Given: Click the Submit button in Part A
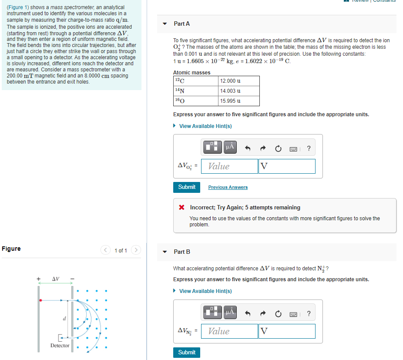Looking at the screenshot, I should pos(187,187).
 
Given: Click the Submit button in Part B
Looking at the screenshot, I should pos(187,352).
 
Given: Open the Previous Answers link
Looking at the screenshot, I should pos(228,187).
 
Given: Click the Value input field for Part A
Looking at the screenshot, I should pos(229,166).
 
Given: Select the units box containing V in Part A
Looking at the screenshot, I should pos(287,166).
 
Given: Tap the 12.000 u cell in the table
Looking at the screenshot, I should pos(239,81).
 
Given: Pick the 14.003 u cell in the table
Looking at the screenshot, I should pos(239,91).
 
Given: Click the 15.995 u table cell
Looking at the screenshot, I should pos(239,101).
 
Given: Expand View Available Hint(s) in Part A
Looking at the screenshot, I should pos(205,126).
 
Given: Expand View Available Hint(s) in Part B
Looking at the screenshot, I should pos(205,291).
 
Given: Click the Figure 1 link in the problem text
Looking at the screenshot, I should pos(18,7).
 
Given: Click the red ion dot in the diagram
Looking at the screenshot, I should pos(40,300).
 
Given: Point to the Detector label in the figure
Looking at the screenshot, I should pos(60,346).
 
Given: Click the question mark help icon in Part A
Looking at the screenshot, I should pos(309,148).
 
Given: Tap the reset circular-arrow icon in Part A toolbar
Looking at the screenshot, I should pos(278,148).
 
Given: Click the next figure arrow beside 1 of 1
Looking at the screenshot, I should pos(136,250).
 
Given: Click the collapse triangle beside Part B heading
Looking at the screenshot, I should pos(165,252).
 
